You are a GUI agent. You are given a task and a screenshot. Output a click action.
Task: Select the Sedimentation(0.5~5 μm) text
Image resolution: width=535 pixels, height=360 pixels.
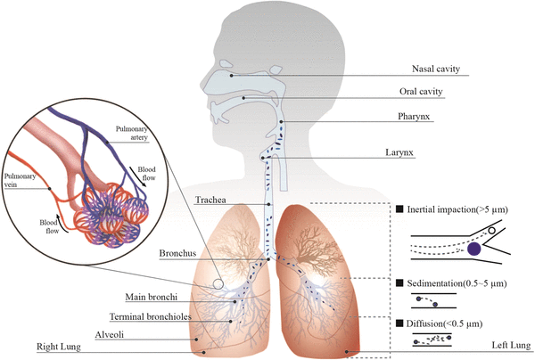[x=458, y=283]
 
